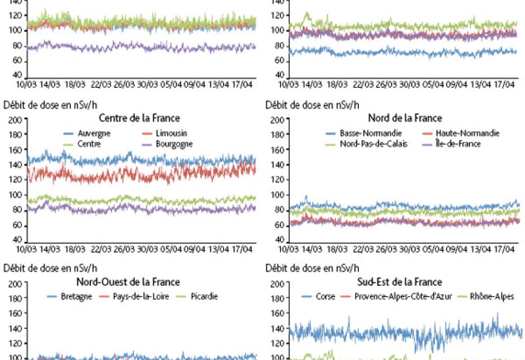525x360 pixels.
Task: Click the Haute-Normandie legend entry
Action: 467,133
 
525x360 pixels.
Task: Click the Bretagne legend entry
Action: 75,296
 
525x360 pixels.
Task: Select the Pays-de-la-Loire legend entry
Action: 141,296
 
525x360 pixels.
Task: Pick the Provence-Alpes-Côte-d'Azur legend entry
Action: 403,296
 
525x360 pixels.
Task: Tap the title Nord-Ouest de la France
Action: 128,282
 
